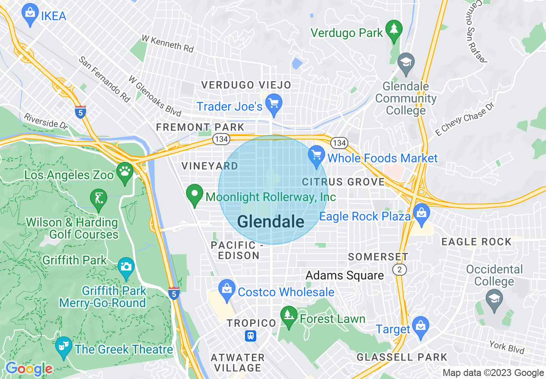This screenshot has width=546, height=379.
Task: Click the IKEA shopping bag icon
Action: (x=30, y=13)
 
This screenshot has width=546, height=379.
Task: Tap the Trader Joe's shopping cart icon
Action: (x=274, y=103)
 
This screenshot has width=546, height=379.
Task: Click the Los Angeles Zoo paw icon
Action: (x=125, y=171)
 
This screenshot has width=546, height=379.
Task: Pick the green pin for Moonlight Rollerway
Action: (x=195, y=194)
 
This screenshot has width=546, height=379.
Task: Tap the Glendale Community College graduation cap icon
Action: (x=405, y=62)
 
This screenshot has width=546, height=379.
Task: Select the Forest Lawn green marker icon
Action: (x=289, y=316)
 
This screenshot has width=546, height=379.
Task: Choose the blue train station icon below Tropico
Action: (x=251, y=335)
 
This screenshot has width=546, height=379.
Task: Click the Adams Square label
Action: (x=344, y=275)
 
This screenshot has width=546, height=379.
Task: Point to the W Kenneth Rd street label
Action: (x=168, y=44)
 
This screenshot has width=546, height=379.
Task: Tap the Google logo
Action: (x=29, y=369)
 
